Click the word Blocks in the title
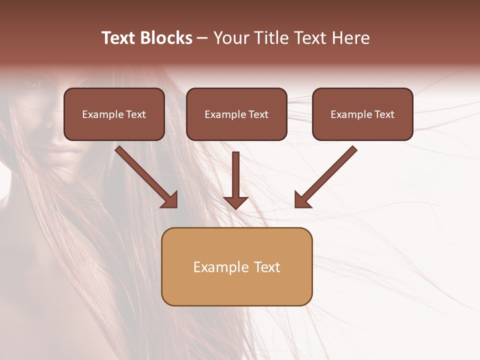pyautogui.click(x=166, y=38)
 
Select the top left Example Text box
pyautogui.click(x=114, y=114)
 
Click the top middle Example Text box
pyautogui.click(x=236, y=114)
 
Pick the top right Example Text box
pyautogui.click(x=362, y=114)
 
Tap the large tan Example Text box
pyautogui.click(x=236, y=266)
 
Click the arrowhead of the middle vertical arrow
pyautogui.click(x=235, y=202)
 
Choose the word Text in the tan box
pyautogui.click(x=267, y=267)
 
